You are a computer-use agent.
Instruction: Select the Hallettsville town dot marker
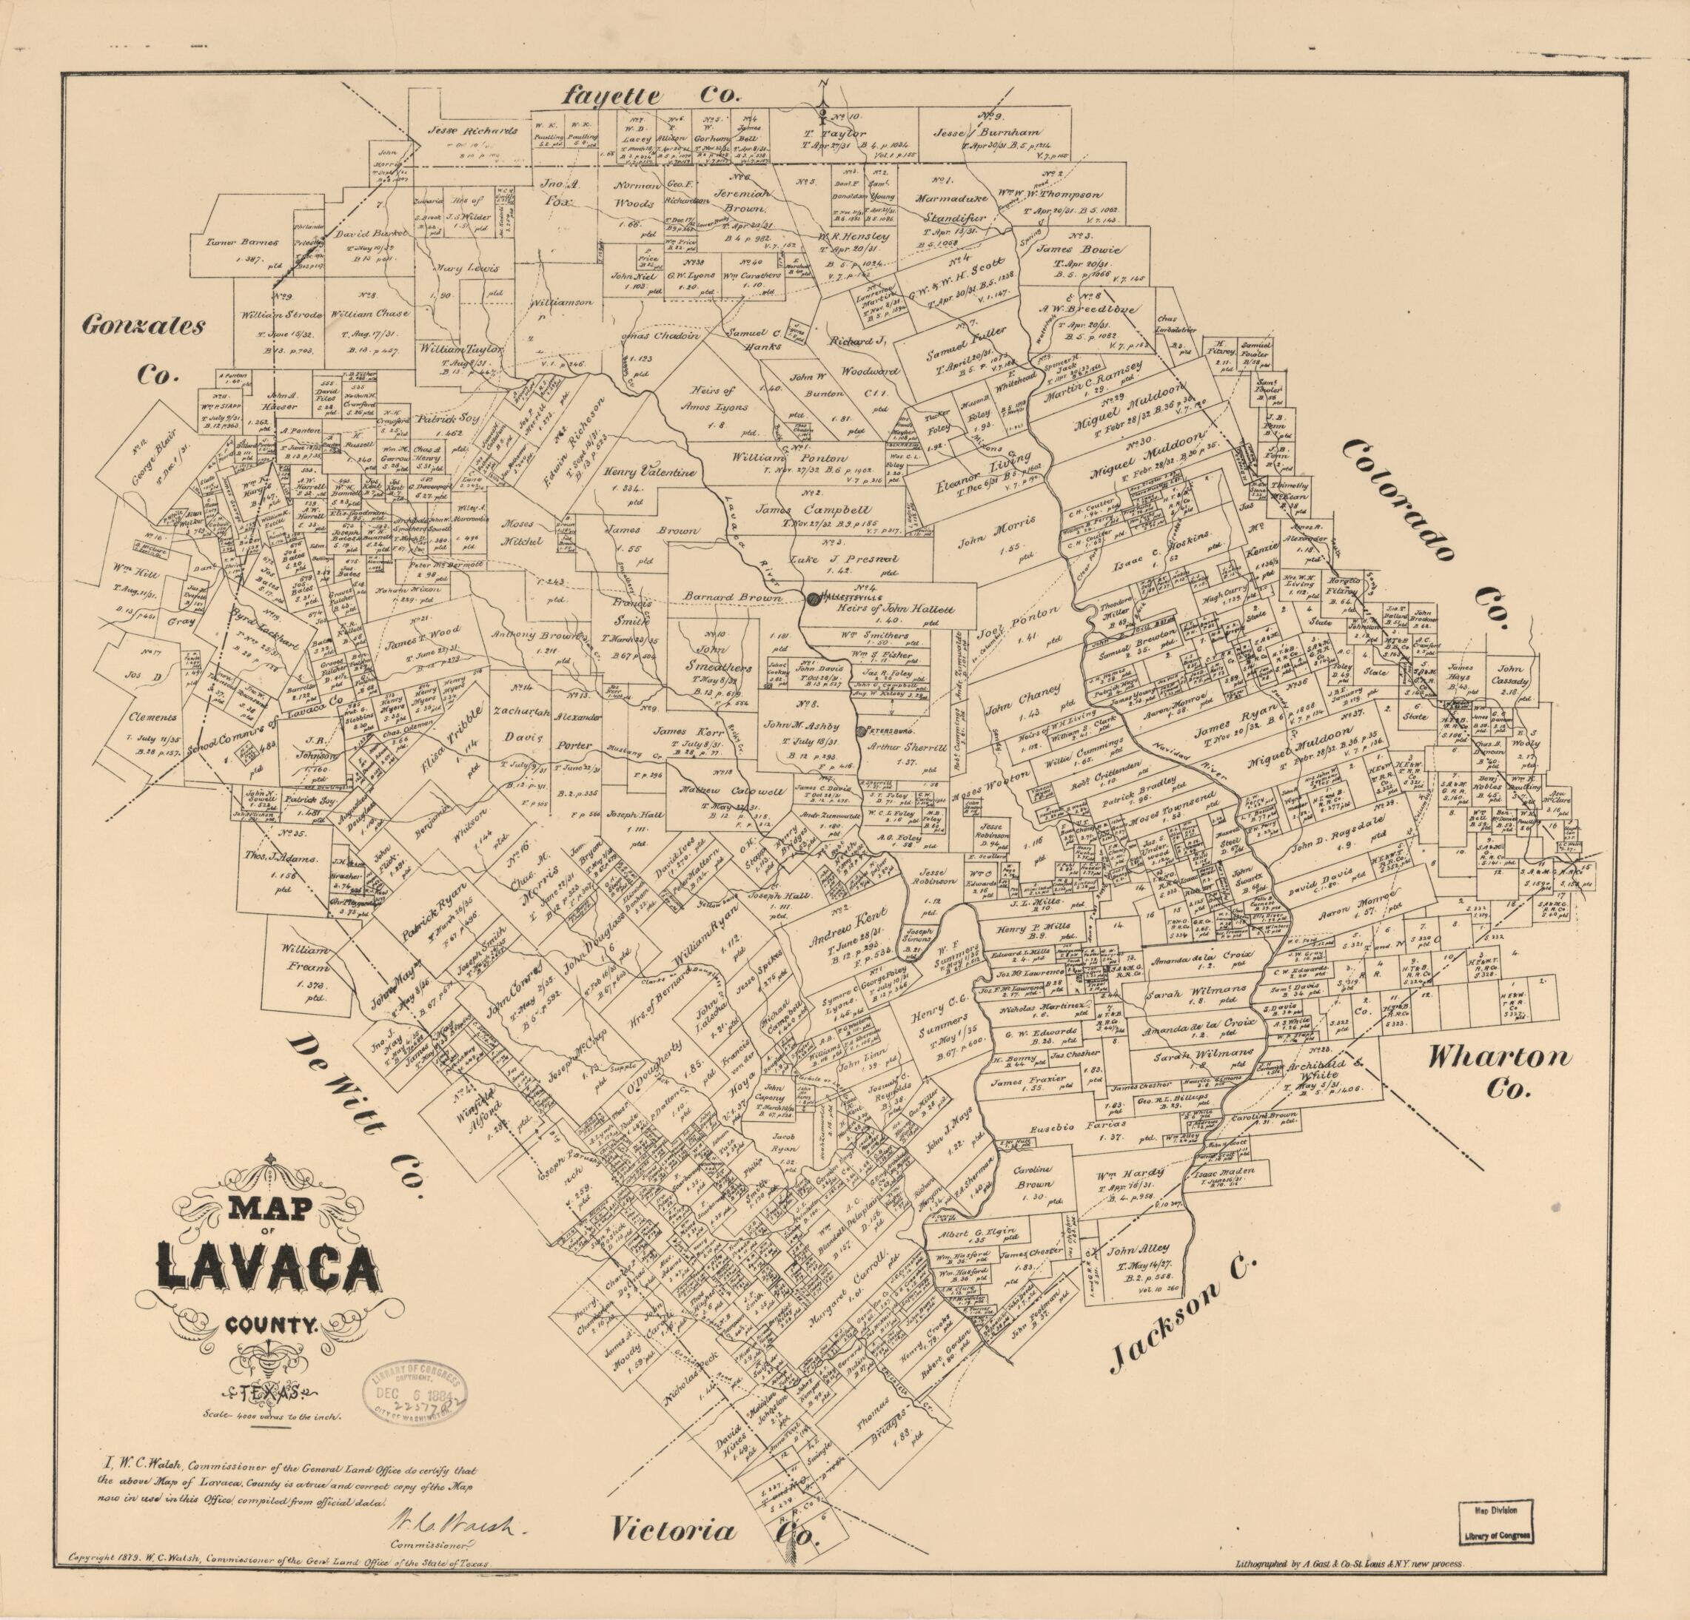(812, 598)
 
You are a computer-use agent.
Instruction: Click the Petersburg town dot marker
(860, 731)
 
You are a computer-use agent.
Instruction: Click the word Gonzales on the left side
(144, 326)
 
